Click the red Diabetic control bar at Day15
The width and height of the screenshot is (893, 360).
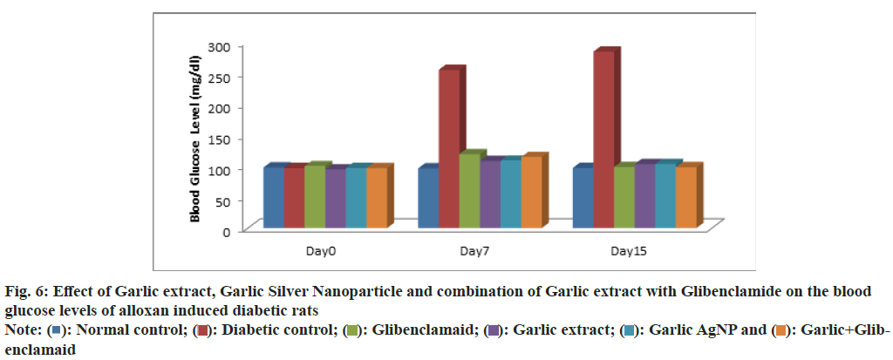[x=604, y=139]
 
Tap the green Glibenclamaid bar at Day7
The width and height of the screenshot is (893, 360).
[x=469, y=191]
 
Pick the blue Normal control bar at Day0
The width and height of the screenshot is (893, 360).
[x=272, y=198]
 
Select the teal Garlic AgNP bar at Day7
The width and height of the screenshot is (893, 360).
[x=511, y=194]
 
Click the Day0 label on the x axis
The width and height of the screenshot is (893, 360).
[x=321, y=251]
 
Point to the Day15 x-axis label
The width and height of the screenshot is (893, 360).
[x=629, y=251]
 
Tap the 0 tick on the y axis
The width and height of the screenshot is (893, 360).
[x=227, y=231]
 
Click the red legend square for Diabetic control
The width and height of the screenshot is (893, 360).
[x=201, y=331]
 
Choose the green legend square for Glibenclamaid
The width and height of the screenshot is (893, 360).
[x=353, y=331]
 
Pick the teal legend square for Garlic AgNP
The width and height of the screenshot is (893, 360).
[x=628, y=331]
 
